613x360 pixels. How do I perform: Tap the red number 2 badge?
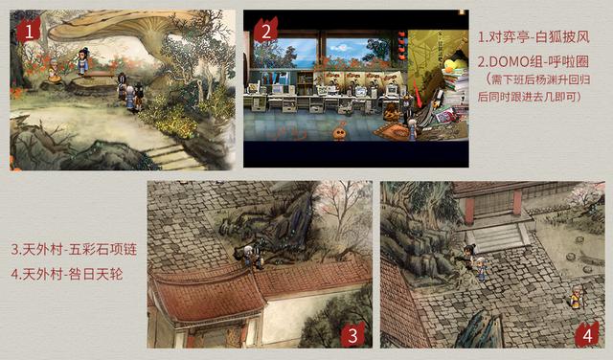(x=266, y=30)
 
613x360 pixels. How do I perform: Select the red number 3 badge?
(x=353, y=334)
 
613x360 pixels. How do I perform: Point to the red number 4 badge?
(x=587, y=334)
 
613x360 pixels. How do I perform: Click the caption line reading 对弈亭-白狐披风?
(x=534, y=37)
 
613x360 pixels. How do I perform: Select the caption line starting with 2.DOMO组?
(x=534, y=61)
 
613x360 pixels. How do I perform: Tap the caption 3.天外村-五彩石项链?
(x=74, y=249)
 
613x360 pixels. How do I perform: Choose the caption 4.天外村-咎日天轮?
(x=67, y=274)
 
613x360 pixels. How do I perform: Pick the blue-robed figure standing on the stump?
(x=82, y=61)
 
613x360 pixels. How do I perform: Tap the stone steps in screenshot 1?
(x=172, y=154)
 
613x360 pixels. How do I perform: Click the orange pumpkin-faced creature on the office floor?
(x=339, y=132)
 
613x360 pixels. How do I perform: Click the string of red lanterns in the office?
(x=402, y=45)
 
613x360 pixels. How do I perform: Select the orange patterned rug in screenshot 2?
(x=392, y=131)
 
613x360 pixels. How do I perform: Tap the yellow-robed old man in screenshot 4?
(x=575, y=298)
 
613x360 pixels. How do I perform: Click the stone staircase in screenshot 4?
(x=497, y=236)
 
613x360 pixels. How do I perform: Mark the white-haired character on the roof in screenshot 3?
(x=248, y=256)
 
